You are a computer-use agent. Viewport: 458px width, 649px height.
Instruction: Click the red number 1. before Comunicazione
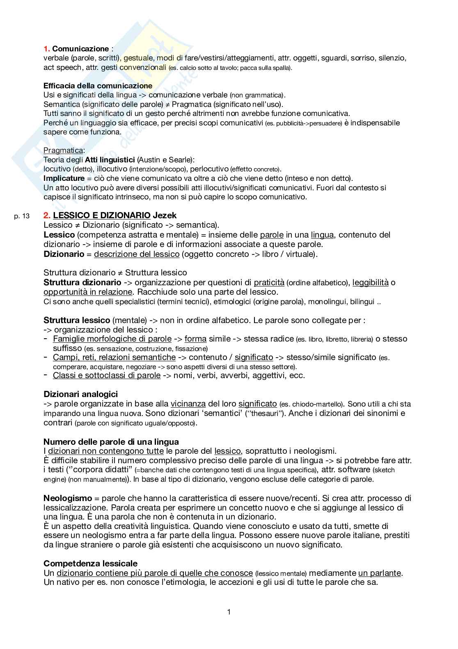tap(47, 49)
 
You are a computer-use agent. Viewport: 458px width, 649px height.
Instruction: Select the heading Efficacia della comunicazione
tap(98, 86)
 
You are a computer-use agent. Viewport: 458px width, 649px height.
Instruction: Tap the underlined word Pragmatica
tap(63, 150)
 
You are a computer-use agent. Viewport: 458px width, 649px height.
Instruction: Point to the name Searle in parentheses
tap(179, 159)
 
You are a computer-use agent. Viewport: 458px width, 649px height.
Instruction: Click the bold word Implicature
tap(64, 178)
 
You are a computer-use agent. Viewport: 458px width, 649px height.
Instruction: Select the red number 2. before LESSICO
tap(47, 215)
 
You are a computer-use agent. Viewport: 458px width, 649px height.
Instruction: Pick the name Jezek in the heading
tap(165, 215)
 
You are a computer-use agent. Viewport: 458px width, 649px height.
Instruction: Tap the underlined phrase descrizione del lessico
tap(137, 254)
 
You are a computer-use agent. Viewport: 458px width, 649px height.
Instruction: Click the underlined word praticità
tap(269, 282)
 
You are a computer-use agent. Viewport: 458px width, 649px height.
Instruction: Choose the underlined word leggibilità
tap(370, 282)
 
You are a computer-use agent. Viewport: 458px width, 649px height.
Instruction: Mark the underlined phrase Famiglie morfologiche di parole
tap(112, 339)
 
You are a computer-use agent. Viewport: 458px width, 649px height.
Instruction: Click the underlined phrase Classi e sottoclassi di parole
tap(107, 375)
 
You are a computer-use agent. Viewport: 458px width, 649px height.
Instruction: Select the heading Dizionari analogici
tap(80, 394)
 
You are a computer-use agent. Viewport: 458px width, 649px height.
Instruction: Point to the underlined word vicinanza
tap(188, 404)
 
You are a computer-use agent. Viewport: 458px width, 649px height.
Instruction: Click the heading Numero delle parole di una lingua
tap(111, 442)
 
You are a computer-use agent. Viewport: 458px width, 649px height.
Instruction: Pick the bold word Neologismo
tap(68, 498)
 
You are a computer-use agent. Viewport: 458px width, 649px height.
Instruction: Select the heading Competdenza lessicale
tap(90, 564)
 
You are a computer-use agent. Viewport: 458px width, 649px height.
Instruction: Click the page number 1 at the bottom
tap(229, 612)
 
